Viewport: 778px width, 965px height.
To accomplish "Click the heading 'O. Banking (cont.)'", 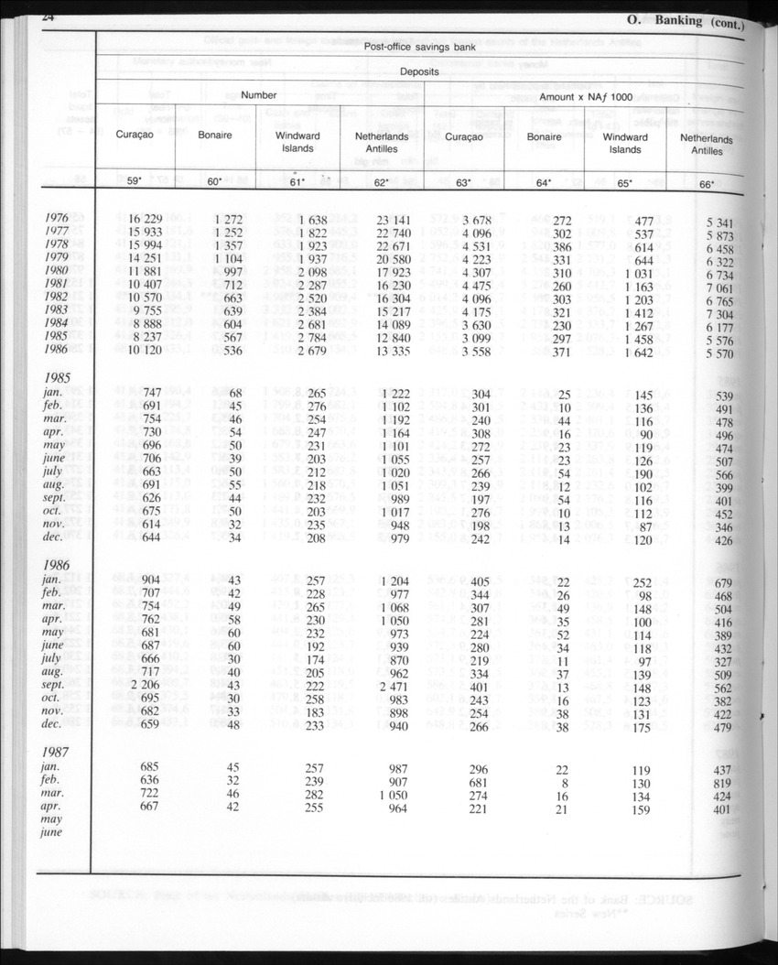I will point(687,20).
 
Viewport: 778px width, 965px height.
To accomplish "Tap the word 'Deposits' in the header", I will point(420,70).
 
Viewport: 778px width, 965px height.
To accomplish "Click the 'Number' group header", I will point(259,95).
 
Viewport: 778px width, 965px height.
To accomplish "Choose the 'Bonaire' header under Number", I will point(216,136).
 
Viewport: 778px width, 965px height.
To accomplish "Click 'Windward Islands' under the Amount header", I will point(626,143).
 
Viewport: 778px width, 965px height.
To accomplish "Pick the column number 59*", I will point(134,181).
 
